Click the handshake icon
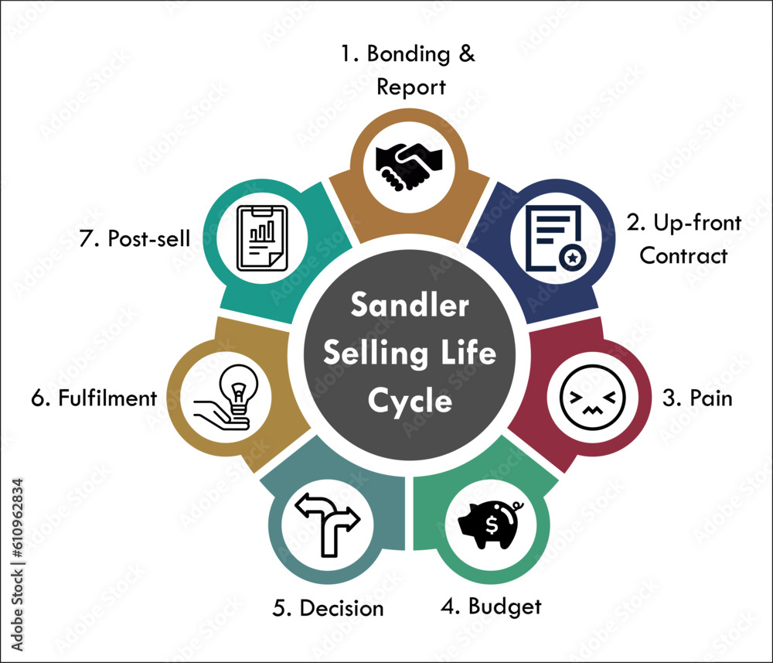(409, 165)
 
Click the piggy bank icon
(492, 524)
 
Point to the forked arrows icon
(325, 522)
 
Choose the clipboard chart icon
(261, 238)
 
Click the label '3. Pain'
(697, 399)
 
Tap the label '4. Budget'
(491, 606)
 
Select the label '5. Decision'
(328, 608)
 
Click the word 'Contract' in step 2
(683, 255)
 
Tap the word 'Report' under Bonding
(410, 87)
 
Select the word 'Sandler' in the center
(409, 306)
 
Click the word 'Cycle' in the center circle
(409, 401)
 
